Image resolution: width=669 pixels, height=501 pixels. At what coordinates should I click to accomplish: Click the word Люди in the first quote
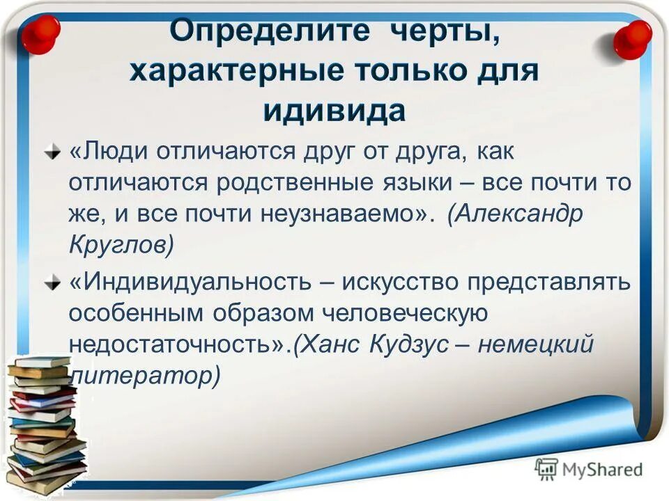(108, 151)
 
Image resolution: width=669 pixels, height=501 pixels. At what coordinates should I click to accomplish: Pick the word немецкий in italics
(543, 344)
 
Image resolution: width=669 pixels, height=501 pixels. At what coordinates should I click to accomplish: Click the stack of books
(43, 424)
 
